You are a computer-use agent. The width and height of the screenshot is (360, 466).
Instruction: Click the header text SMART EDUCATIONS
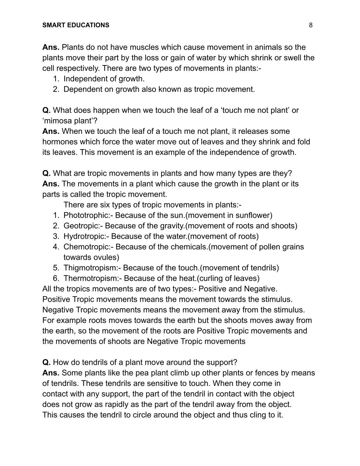click(x=76, y=25)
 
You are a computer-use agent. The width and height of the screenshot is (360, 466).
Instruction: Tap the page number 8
click(x=311, y=25)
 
